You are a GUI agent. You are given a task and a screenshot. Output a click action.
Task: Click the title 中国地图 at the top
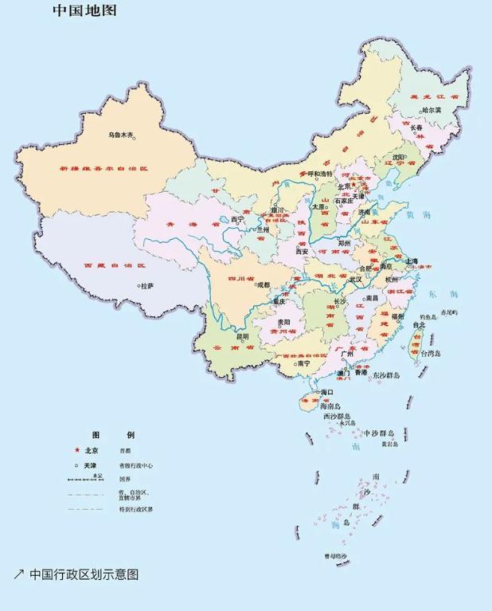tap(84, 11)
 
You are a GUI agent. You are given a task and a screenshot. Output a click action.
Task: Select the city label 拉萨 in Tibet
tap(147, 285)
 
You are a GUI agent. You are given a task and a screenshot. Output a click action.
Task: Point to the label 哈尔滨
tap(431, 111)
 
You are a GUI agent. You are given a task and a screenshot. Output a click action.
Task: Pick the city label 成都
tap(264, 284)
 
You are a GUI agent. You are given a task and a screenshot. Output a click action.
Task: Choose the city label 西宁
tap(236, 219)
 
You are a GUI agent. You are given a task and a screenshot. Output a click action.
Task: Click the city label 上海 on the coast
tap(412, 261)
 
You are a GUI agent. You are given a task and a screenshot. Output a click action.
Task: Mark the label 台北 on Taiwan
tap(419, 325)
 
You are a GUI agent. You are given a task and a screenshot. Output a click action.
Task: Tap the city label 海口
tap(326, 393)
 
